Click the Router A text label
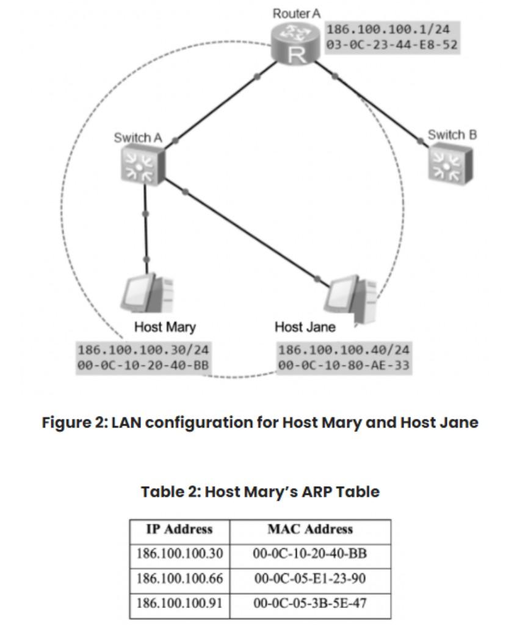(296, 13)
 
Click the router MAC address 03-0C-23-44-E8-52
(392, 45)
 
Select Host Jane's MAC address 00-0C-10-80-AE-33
(344, 366)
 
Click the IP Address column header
(179, 529)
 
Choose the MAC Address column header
(310, 529)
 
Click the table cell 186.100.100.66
(179, 578)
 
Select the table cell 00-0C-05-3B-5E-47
(310, 603)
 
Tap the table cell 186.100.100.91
(179, 603)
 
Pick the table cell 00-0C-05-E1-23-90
(310, 578)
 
